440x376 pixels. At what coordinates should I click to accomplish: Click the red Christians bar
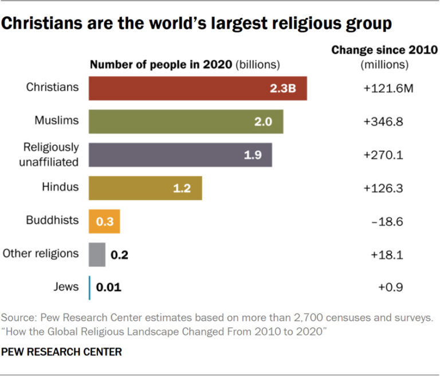[x=198, y=88]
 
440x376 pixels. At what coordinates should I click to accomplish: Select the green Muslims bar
[x=186, y=122]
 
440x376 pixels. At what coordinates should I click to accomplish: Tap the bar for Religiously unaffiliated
[x=180, y=155]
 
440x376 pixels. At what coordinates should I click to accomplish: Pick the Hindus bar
[x=145, y=188]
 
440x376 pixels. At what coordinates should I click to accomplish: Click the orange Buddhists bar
[x=104, y=221]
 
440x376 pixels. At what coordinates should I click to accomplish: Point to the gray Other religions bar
[x=97, y=254]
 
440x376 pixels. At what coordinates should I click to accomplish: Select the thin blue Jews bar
[x=89, y=288]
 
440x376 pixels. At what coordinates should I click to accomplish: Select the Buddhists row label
[x=52, y=220]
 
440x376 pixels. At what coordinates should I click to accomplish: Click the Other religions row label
[x=41, y=253]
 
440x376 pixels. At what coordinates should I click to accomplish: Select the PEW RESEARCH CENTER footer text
[x=62, y=352]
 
